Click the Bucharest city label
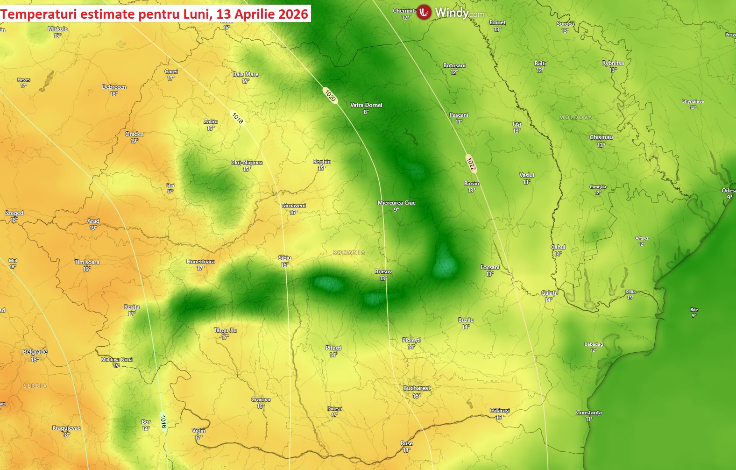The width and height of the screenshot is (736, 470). (x=417, y=388)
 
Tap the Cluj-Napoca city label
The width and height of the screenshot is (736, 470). (x=247, y=163)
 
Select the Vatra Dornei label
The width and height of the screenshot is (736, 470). (x=366, y=105)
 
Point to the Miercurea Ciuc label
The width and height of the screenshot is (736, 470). (x=396, y=203)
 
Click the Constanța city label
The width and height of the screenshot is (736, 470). (x=588, y=413)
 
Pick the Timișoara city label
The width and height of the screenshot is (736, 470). (x=87, y=262)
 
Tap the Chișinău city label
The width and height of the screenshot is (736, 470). (x=601, y=137)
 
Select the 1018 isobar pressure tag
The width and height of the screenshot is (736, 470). (x=237, y=118)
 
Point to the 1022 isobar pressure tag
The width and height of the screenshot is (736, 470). (x=471, y=164)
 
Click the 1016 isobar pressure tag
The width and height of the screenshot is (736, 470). (x=163, y=421)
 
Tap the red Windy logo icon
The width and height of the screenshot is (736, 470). (x=424, y=12)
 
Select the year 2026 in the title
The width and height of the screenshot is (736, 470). (x=293, y=14)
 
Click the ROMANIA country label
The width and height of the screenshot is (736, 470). (x=349, y=252)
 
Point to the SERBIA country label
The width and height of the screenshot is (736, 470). (x=35, y=386)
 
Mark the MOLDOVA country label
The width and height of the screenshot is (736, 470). (x=575, y=117)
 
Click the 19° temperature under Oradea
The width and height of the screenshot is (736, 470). (x=134, y=141)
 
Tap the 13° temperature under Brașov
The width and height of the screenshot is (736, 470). (x=383, y=278)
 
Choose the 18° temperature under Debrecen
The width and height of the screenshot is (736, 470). (x=114, y=94)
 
